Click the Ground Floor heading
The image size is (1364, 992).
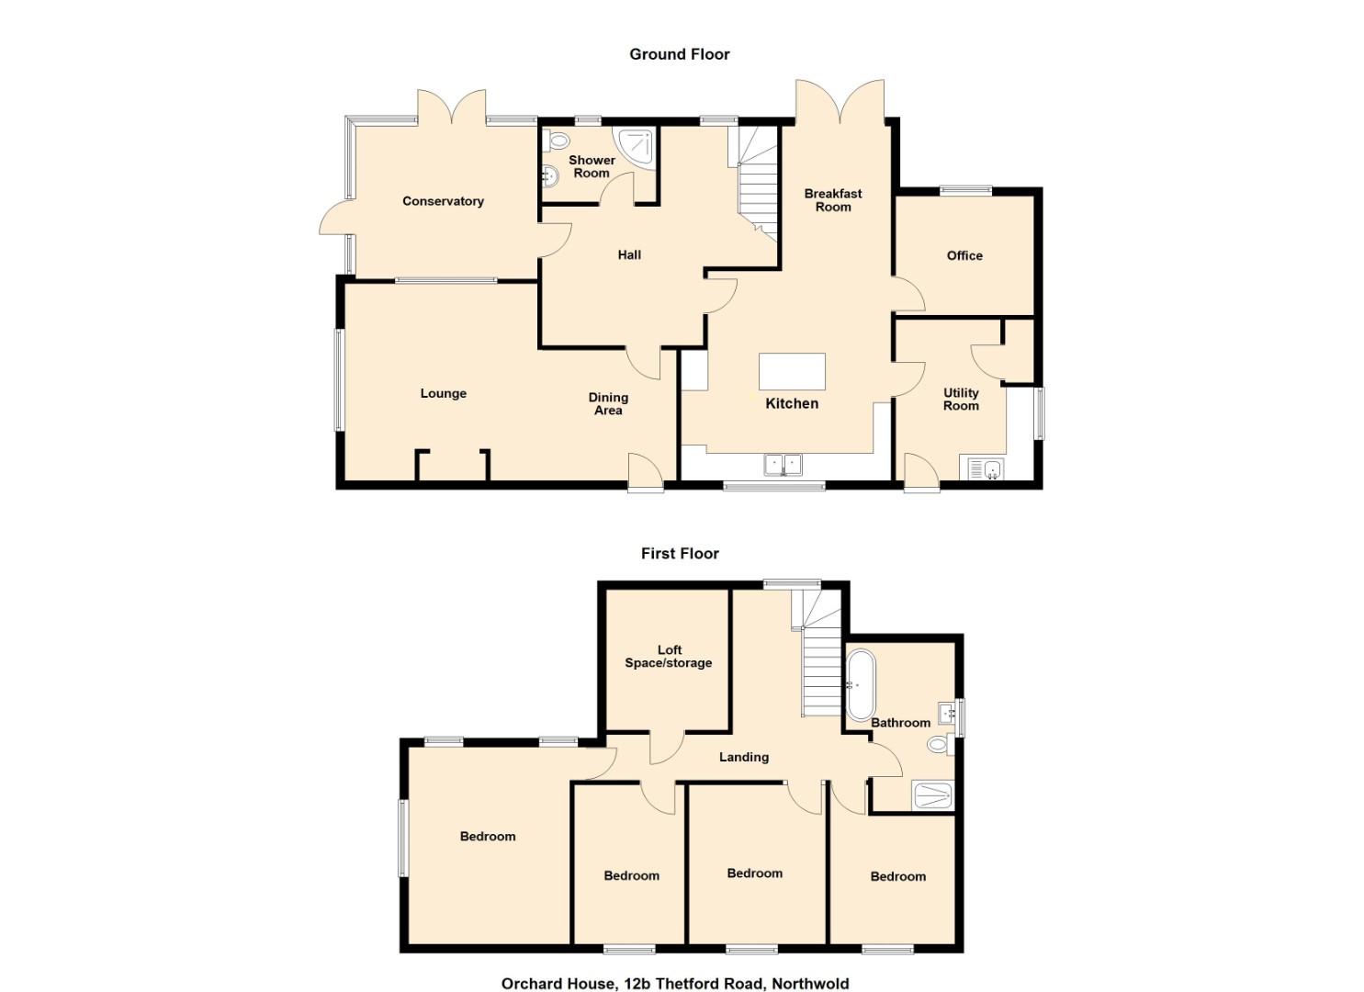680,54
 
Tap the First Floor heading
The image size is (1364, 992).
681,554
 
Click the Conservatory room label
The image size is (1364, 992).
443,201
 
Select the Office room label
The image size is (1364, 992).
964,255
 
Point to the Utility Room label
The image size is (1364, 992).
961,400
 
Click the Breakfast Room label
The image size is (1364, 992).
833,200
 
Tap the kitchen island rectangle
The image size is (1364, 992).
792,371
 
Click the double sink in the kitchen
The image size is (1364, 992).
783,466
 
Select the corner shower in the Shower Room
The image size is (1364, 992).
637,147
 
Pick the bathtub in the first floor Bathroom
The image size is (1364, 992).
859,686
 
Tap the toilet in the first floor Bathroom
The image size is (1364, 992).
941,744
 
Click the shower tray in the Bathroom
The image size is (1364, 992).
931,796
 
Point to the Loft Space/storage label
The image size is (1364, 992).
669,657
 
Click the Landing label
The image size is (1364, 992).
743,757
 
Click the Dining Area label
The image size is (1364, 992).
608,404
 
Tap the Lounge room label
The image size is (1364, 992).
444,393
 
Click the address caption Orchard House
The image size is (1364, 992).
675,966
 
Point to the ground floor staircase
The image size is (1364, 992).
755,183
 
